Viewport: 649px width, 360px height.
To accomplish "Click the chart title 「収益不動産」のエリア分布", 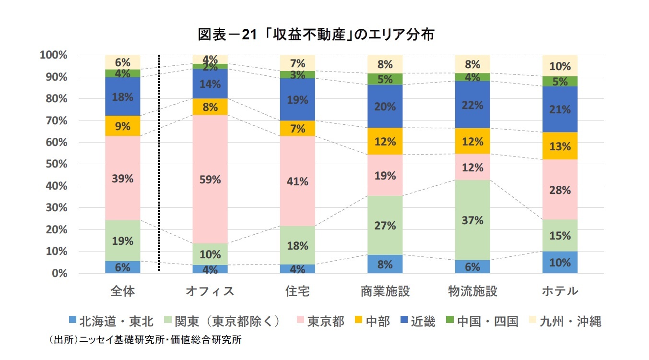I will click(316, 35).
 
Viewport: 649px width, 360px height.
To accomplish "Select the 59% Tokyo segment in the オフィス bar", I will click(210, 180).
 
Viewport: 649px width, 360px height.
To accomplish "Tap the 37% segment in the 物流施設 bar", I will click(472, 220).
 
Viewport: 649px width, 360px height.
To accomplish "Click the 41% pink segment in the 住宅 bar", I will click(297, 180).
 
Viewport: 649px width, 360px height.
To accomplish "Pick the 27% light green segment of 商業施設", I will click(385, 225).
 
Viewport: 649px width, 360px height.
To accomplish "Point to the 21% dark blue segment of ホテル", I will click(560, 109).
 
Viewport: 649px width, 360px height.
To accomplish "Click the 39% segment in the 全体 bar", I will click(123, 178).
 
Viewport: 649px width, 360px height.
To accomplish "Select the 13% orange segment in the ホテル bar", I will click(560, 146).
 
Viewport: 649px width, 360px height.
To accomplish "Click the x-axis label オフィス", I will click(210, 291).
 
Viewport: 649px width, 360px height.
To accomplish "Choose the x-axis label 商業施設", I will click(385, 291).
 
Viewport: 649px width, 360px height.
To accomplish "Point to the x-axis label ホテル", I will click(560, 291).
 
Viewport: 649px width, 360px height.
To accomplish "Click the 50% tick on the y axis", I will click(56, 164).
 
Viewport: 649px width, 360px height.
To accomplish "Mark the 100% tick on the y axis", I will click(54, 55).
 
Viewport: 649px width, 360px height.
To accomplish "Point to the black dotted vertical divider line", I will click(159, 163).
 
